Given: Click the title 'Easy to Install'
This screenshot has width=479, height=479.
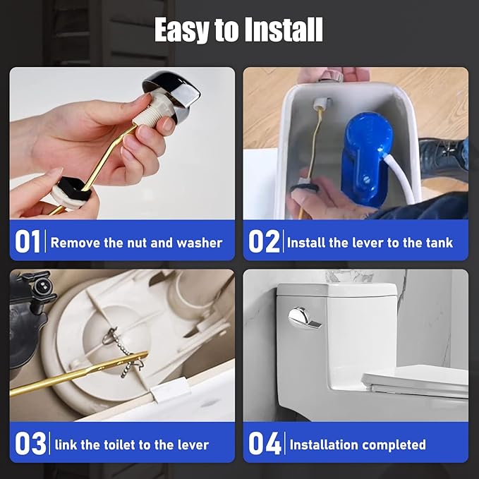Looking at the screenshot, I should pos(239,30).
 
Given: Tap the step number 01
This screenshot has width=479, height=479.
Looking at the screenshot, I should pos(28,242).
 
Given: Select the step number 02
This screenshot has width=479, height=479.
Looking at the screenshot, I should pos(264,242).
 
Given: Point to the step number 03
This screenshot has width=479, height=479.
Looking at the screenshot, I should pos(30,444).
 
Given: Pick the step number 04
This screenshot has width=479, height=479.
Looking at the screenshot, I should pos(265,444).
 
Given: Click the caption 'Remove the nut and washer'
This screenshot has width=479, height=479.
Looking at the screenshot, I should pos(136,243).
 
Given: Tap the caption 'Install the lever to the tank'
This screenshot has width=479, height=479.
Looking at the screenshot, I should pos(370,243).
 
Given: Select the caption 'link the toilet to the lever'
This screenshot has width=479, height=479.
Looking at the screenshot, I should pos(132,444).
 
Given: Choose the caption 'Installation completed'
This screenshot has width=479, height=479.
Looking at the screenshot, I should pos(358,444).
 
